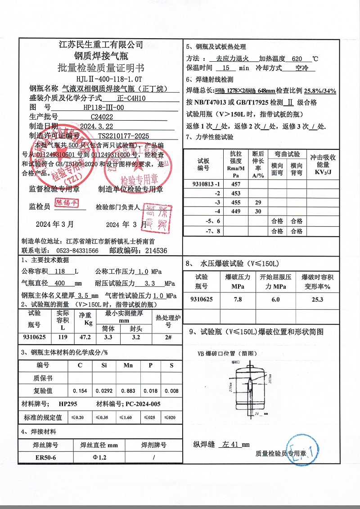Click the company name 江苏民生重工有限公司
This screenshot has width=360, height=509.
point(101,45)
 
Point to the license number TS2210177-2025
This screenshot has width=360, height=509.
point(123,135)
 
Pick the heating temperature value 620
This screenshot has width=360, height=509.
point(297,59)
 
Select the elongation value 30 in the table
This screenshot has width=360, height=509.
point(258,211)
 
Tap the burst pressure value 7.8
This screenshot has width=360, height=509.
point(238,299)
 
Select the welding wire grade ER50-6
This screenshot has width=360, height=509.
point(46,458)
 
